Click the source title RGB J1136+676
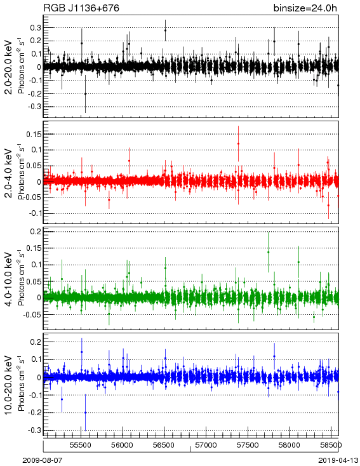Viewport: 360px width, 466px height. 81,8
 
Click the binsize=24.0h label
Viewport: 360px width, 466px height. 305,8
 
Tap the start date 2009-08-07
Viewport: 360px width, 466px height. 43,460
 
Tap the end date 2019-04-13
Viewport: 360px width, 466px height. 338,460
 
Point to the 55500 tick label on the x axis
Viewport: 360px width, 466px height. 81,445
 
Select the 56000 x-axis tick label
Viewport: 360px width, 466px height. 123,445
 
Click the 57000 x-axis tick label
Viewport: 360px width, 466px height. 206,445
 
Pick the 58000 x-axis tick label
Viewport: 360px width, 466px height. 290,445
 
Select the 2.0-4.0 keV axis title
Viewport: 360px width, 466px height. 9,173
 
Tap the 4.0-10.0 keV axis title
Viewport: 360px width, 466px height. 9,279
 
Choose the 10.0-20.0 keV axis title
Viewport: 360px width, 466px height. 9,385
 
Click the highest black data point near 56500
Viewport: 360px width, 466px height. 165,30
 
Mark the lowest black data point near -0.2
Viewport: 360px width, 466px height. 85,94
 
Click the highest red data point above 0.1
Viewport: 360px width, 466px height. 239,143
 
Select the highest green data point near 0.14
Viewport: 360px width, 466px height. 268,252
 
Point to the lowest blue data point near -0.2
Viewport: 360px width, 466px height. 85,413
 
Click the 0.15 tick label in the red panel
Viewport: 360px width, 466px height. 34,135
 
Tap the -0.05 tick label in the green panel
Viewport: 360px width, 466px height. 32,314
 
